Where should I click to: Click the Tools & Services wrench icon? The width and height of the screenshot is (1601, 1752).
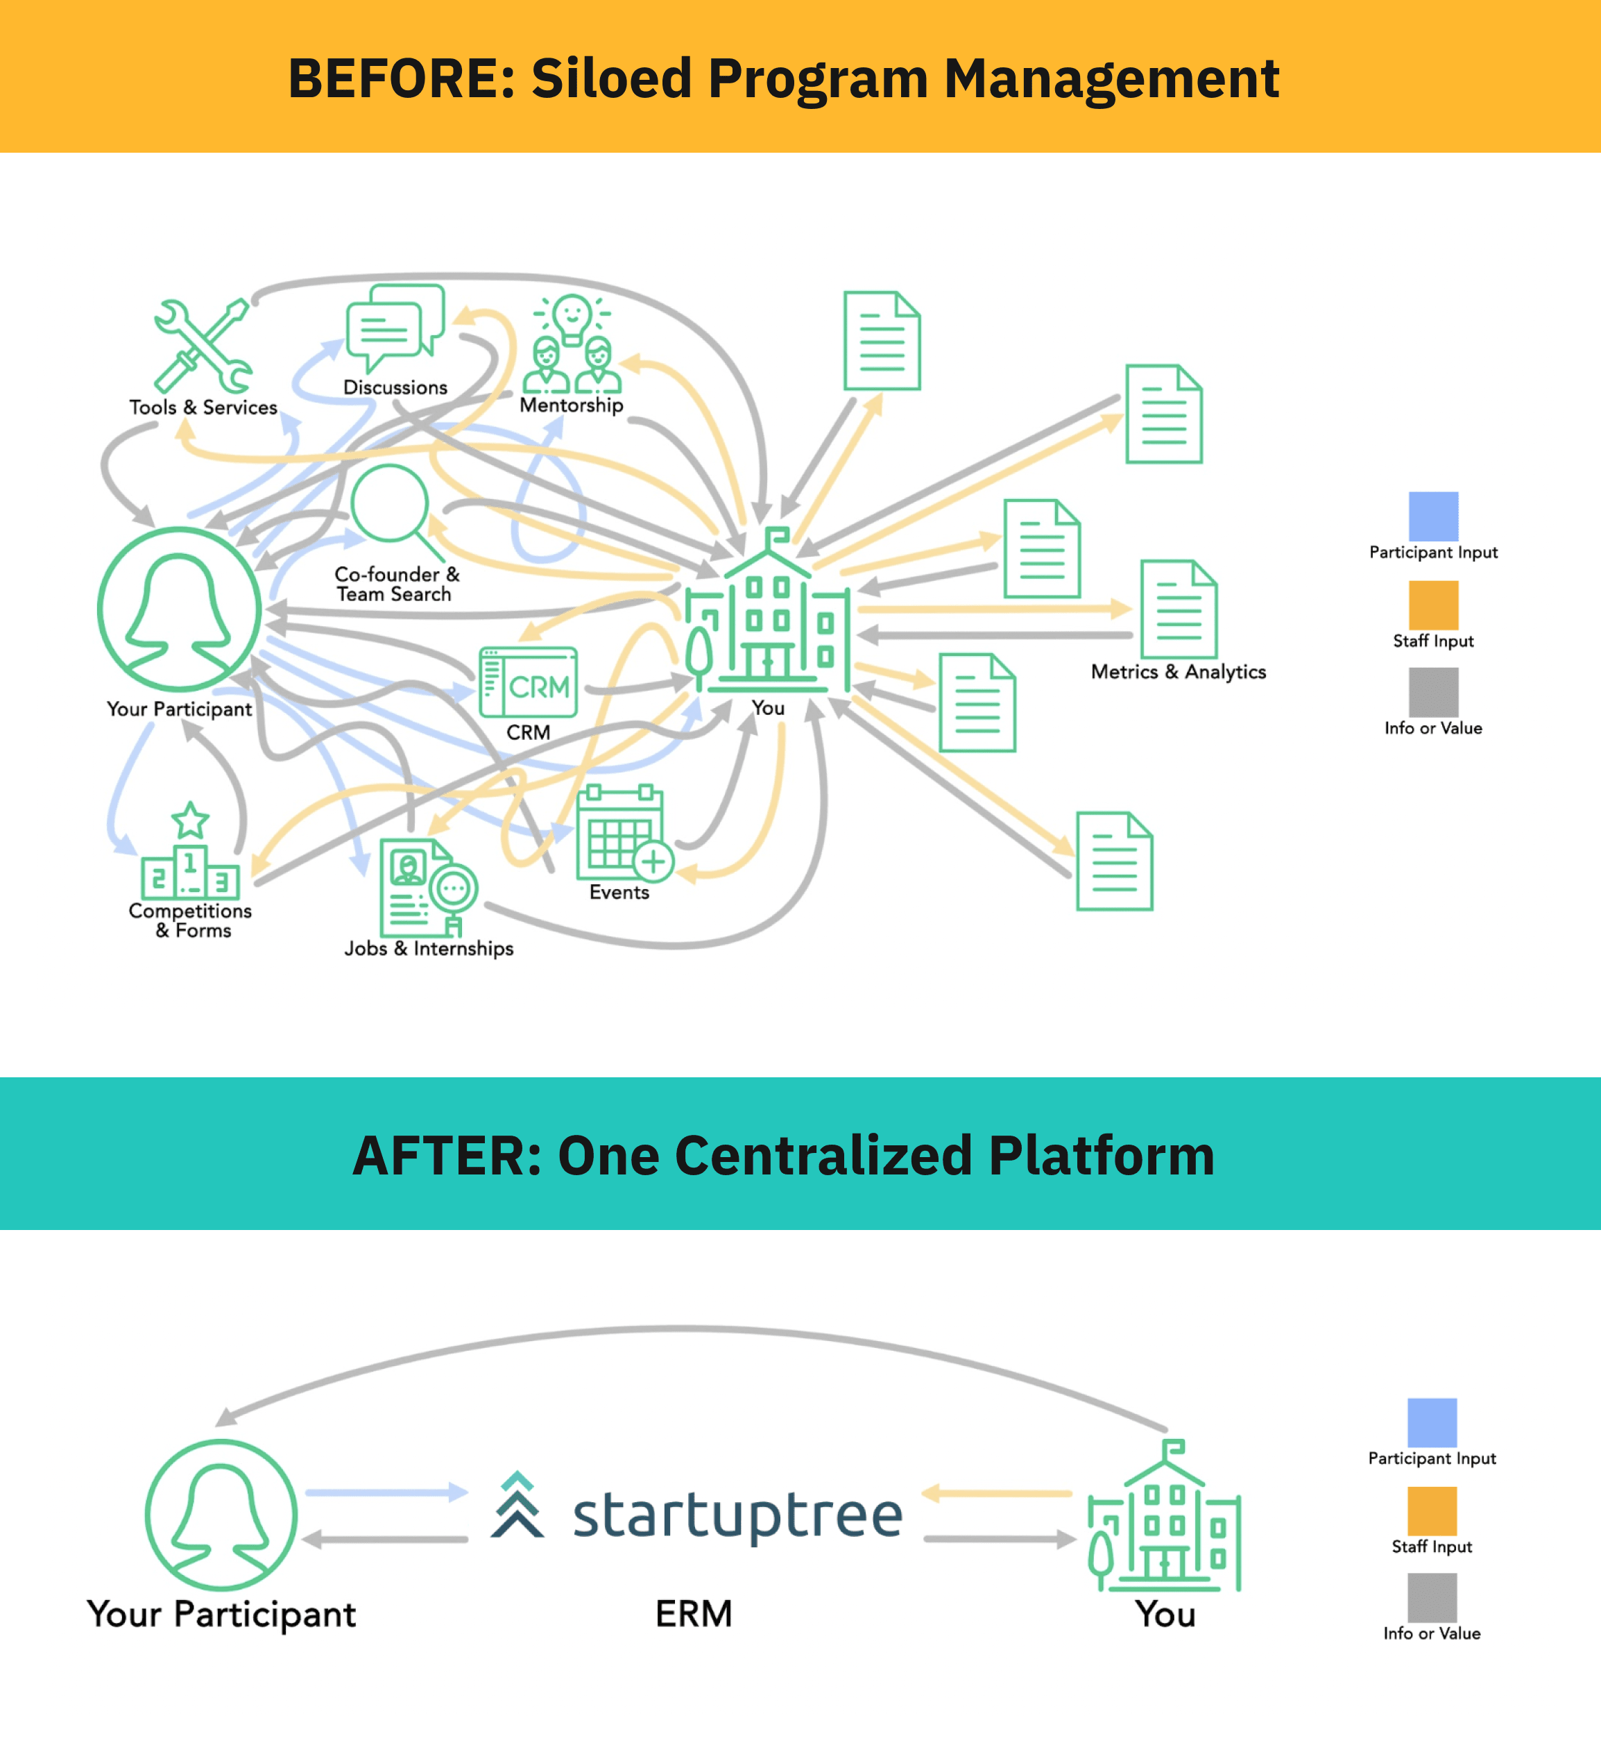click(203, 346)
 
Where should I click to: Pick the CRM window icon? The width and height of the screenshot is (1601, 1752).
click(528, 682)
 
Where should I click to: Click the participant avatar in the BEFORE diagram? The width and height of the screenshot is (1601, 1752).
click(179, 609)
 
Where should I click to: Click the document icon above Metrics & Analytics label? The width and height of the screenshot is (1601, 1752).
click(1179, 609)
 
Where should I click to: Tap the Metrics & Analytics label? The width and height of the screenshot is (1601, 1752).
click(1178, 672)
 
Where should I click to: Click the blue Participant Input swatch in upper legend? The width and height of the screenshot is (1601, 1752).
click(1433, 516)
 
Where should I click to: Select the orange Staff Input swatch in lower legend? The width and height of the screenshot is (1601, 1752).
click(1432, 1510)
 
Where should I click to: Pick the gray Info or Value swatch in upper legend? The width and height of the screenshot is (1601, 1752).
click(1433, 692)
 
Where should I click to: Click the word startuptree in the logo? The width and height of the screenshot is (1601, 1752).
click(737, 1515)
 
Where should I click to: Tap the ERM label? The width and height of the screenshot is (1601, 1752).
click(693, 1614)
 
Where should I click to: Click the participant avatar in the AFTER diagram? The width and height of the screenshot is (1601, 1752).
click(221, 1515)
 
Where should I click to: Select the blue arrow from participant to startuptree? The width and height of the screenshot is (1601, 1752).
click(386, 1492)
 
